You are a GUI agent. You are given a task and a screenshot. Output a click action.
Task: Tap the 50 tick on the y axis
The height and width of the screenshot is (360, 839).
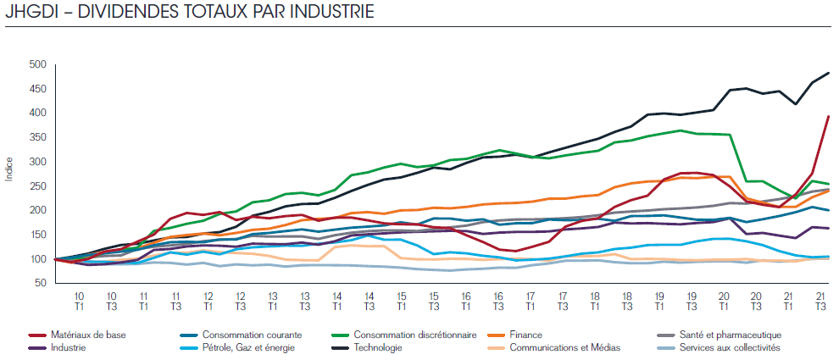click(x=39, y=284)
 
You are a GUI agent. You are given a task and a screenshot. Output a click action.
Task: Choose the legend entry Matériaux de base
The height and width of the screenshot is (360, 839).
click(x=86, y=335)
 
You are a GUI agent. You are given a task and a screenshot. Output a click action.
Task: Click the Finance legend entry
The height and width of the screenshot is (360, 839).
click(x=525, y=335)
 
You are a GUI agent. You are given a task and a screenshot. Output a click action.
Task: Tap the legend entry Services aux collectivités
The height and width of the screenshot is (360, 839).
click(x=725, y=347)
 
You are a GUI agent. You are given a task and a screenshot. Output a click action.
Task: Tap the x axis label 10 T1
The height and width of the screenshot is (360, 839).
click(x=79, y=301)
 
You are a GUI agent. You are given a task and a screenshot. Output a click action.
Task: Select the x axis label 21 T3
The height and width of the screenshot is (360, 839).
click(x=820, y=301)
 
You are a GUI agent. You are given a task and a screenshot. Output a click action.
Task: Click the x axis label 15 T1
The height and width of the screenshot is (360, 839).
click(x=403, y=301)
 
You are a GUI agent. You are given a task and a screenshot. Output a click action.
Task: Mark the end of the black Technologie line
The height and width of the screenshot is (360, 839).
click(x=828, y=73)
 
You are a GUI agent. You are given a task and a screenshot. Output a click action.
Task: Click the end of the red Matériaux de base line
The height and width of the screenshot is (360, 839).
click(x=828, y=117)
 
